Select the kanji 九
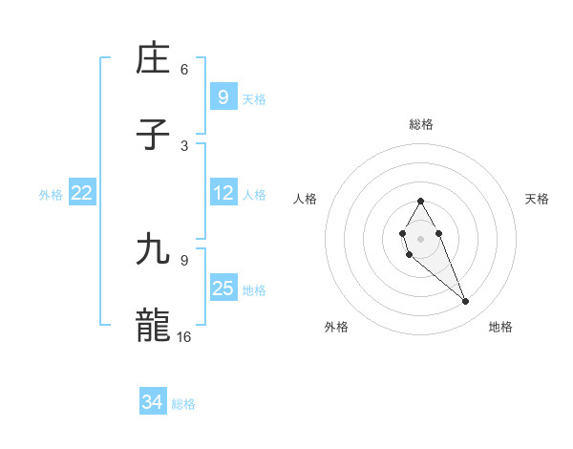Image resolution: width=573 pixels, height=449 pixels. tap(155, 249)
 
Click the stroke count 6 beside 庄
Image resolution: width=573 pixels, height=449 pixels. tap(184, 70)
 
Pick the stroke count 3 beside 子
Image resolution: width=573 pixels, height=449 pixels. tap(184, 145)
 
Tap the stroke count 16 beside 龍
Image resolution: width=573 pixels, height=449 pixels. tap(184, 336)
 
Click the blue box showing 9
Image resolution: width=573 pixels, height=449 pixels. tap(223, 97)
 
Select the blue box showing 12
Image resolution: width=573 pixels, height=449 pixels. tap(223, 193)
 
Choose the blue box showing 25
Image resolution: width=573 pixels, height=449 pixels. tap(223, 289)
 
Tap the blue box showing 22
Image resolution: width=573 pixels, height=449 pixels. tap(82, 193)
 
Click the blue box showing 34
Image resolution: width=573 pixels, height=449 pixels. tap(152, 403)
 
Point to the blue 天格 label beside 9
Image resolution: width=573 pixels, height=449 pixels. tap(253, 98)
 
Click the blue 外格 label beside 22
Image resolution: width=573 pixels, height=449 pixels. tap(51, 194)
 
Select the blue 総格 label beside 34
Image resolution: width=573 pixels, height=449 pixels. tap(183, 404)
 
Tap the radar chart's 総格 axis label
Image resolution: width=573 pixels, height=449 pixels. tap(421, 124)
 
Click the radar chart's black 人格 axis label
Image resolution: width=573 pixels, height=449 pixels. tap(306, 199)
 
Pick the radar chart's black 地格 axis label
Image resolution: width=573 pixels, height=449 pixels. tap(500, 327)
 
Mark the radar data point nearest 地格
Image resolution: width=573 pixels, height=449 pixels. tap(466, 302)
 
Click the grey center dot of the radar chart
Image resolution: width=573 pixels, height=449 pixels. tap(420, 237)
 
